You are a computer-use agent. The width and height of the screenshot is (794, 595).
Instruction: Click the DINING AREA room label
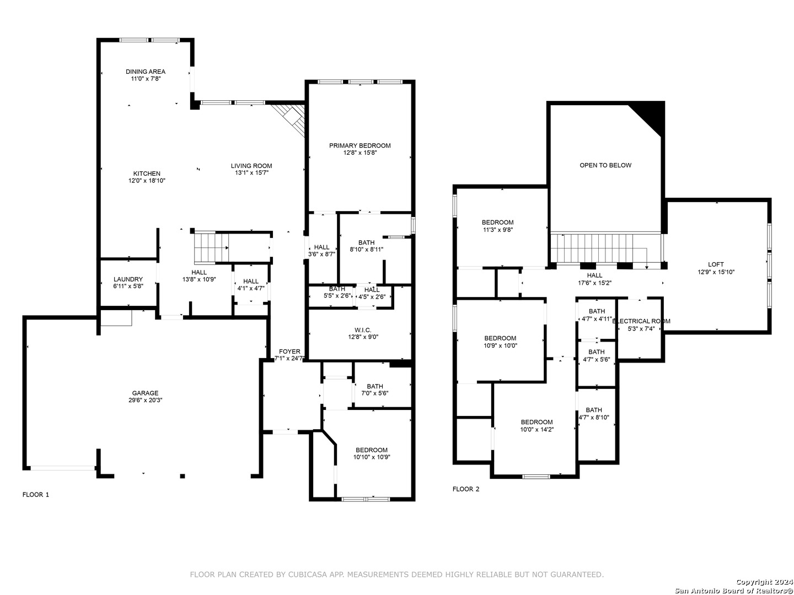click(x=146, y=72)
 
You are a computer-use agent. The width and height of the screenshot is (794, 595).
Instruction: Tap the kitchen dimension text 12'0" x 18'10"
click(x=147, y=181)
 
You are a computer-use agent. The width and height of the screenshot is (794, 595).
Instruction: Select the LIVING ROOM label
click(x=251, y=166)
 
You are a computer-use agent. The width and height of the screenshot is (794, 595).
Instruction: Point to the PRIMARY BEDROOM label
click(x=360, y=145)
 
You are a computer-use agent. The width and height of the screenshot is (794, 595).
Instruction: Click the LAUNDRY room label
click(x=128, y=279)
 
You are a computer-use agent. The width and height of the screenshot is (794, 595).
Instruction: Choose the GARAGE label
click(x=145, y=393)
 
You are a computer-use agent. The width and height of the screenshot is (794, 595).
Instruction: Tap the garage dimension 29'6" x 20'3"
click(x=145, y=401)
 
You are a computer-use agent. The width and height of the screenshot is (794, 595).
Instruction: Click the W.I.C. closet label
click(x=363, y=330)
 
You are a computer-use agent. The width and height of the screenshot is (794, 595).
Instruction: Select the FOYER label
click(x=289, y=351)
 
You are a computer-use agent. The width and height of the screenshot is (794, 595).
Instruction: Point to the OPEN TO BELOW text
click(x=605, y=165)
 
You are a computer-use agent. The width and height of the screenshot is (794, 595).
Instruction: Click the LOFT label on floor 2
click(x=716, y=264)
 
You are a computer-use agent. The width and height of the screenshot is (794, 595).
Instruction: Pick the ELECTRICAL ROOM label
click(x=641, y=321)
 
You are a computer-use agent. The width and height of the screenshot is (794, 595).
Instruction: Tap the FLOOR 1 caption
click(x=35, y=495)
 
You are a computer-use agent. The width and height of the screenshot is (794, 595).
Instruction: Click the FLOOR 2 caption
click(x=466, y=489)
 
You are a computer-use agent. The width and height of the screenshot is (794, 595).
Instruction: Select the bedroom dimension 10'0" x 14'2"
click(x=537, y=430)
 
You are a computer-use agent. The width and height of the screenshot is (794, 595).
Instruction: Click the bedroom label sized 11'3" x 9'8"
click(x=497, y=223)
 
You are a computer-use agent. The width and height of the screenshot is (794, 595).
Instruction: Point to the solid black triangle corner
click(x=654, y=114)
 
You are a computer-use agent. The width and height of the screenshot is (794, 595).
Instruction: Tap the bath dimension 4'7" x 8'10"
click(x=594, y=418)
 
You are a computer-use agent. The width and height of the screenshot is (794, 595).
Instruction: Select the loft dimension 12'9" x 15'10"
click(x=716, y=272)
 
